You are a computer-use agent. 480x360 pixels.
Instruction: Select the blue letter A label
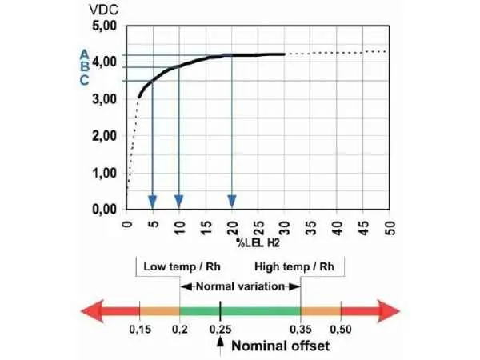click(x=83, y=54)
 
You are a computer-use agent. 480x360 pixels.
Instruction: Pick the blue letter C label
click(x=83, y=80)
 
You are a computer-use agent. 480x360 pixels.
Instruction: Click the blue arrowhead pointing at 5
click(x=153, y=201)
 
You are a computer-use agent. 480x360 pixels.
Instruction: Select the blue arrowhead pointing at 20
click(x=232, y=201)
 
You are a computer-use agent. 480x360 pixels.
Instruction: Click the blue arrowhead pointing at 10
click(x=179, y=201)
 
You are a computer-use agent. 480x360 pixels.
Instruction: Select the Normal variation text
click(x=239, y=286)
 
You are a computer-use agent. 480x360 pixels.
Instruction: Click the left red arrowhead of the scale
click(x=89, y=311)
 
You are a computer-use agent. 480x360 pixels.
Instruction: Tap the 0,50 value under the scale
click(x=340, y=330)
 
